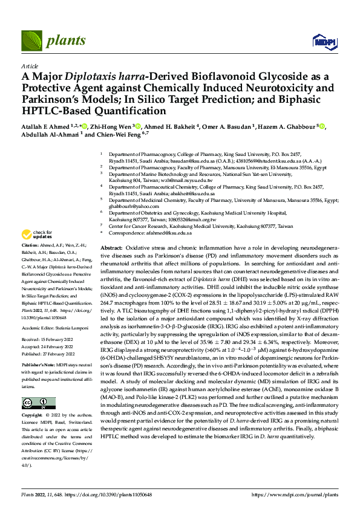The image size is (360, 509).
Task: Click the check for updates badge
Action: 37,235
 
